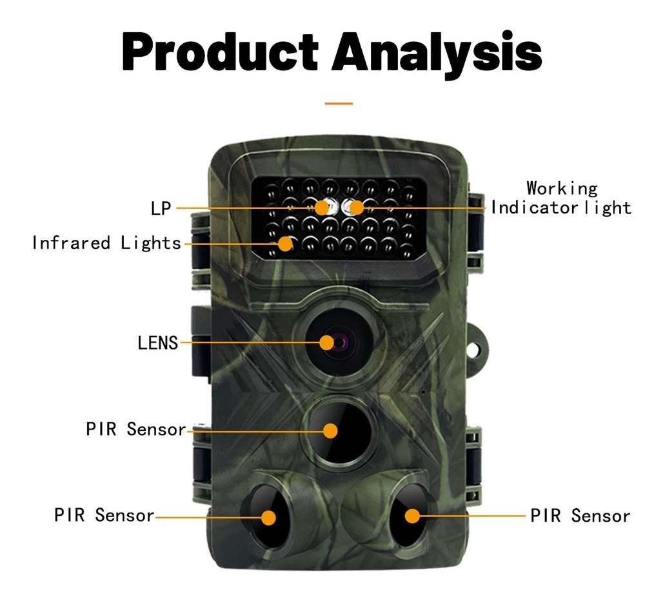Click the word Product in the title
pos(220,52)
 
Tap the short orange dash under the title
pos(339,103)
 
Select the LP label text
pos(161,208)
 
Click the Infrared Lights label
pos(107,243)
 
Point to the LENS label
pos(158,342)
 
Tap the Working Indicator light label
pos(561,198)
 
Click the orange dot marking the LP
pos(323,208)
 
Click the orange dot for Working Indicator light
pos(357,208)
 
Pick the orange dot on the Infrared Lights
pos(286,244)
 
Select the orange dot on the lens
pos(326,342)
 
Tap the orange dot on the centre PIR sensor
pos(330,431)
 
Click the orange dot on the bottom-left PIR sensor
pos(268,517)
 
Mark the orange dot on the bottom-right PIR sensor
pos(412,516)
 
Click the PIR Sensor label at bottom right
pos(580,516)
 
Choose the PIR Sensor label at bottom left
pos(104,515)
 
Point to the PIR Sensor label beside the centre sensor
pos(135,429)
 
